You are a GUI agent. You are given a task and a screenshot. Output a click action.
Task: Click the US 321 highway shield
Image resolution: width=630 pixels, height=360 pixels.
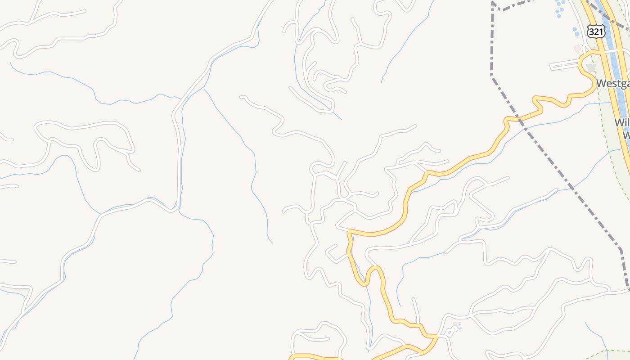coord(596,31)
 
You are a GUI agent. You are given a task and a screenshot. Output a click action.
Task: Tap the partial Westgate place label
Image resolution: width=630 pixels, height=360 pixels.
coord(612,84)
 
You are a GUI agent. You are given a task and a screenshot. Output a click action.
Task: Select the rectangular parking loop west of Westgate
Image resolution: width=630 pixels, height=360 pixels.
coord(564,66)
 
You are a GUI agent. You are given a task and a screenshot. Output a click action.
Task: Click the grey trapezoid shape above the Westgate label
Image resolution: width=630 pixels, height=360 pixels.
coord(591,68)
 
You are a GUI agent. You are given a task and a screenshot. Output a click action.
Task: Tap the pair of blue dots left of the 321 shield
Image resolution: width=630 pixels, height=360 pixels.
coord(576,31)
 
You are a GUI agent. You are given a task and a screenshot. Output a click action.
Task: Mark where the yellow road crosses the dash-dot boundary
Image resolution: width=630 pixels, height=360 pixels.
coord(520,118)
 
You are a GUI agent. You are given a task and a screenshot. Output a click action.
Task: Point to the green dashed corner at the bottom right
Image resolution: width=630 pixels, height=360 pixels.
coord(606,351)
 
